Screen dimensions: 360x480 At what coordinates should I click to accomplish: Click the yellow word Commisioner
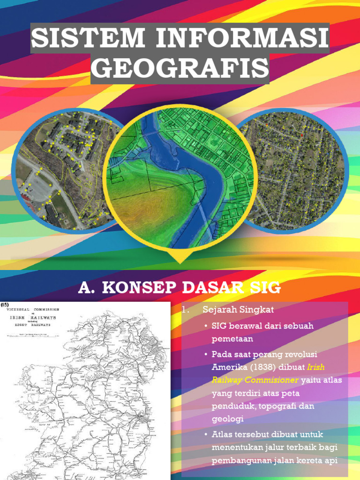(270, 380)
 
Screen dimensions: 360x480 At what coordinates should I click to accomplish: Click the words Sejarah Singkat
(238, 310)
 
